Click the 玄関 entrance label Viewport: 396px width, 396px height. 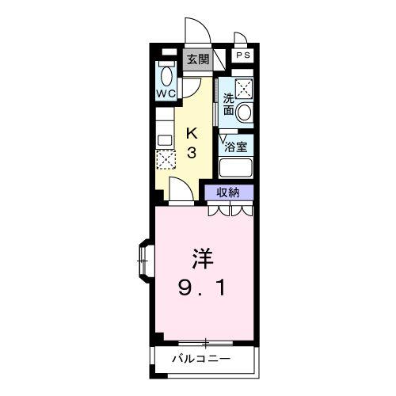(x=197, y=59)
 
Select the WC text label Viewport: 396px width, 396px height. (x=166, y=93)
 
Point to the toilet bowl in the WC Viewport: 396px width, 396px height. (x=166, y=74)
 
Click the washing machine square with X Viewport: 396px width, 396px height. (x=243, y=88)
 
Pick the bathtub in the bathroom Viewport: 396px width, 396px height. (x=235, y=168)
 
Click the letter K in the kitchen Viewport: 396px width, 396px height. (x=192, y=133)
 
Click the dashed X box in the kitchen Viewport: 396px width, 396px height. (x=166, y=158)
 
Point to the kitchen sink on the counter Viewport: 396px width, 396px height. (x=166, y=139)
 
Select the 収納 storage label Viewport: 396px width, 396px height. (x=230, y=192)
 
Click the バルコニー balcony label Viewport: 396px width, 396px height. (x=202, y=361)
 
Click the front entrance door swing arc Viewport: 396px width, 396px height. (x=196, y=32)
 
